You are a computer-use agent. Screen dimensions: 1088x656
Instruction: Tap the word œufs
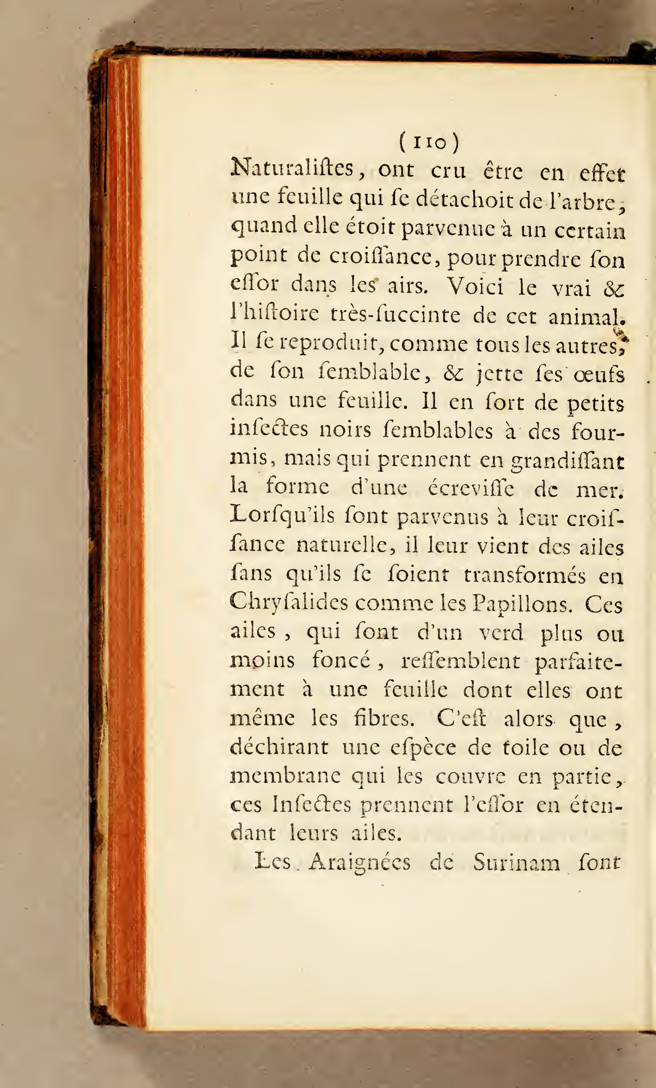pos(599,375)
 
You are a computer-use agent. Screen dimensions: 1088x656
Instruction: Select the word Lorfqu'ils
pos(283,516)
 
